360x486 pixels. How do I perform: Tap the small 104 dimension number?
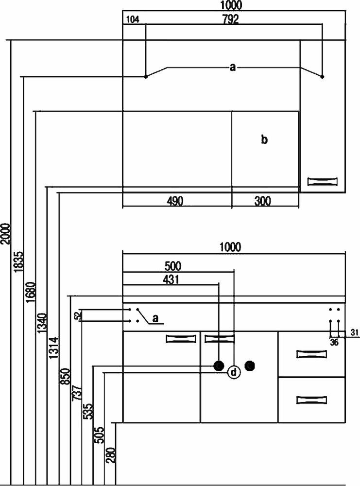click(x=132, y=20)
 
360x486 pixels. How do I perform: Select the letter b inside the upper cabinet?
click(x=264, y=140)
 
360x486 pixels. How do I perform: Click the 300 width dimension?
click(x=263, y=201)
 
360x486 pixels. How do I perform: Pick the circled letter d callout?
click(x=234, y=373)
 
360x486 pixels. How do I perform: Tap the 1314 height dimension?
click(x=53, y=348)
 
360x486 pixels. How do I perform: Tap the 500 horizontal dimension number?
click(x=172, y=266)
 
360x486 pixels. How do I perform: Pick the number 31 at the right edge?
click(x=354, y=332)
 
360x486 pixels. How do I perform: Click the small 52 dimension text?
click(x=77, y=316)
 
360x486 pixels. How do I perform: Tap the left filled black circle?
click(x=219, y=365)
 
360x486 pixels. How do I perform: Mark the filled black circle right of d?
click(x=250, y=365)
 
